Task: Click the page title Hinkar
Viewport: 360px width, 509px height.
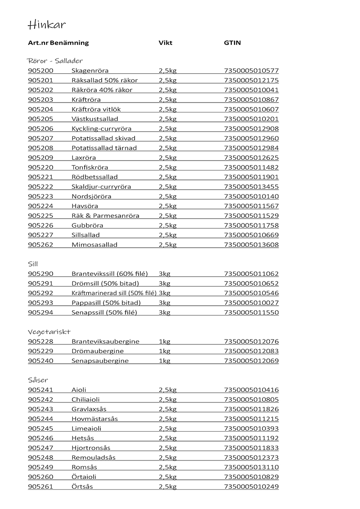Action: (47, 25)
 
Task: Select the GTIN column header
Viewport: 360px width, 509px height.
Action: (232, 43)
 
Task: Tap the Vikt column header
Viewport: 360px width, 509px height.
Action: (166, 43)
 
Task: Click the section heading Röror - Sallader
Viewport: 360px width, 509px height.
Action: (55, 61)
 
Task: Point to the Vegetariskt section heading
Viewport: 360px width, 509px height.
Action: (49, 332)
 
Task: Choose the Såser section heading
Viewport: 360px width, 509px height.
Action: (38, 380)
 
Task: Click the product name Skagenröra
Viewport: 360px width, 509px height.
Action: (90, 71)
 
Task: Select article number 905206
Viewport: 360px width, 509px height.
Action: (40, 129)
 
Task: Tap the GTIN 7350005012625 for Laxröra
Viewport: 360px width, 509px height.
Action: (251, 158)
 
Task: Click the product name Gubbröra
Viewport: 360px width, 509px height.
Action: (87, 225)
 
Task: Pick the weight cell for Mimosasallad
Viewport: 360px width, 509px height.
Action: (167, 245)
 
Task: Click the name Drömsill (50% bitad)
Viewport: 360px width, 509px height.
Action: (105, 283)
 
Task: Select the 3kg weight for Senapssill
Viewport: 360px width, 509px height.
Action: (165, 313)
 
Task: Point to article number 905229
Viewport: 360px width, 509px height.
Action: (40, 351)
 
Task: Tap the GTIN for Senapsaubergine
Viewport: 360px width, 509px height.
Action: (251, 361)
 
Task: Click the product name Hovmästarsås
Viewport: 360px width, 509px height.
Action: (94, 419)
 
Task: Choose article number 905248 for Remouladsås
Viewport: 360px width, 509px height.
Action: (40, 458)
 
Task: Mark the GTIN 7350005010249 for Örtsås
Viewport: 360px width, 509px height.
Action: (251, 487)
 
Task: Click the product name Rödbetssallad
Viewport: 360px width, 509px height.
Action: (94, 177)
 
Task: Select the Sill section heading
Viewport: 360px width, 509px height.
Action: (33, 264)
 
